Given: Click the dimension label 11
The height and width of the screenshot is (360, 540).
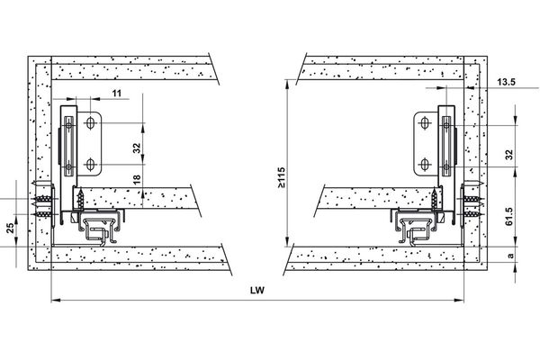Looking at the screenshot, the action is coord(117,93).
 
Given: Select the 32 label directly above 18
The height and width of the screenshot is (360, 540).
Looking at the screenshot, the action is coord(137,148).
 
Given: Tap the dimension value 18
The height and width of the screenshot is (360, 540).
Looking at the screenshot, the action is coord(137,179).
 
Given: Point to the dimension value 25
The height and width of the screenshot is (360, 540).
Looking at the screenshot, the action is coord(10,228).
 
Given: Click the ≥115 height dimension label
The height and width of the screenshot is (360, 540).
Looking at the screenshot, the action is coord(281,178).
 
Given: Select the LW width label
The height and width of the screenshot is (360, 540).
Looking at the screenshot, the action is coord(257,291).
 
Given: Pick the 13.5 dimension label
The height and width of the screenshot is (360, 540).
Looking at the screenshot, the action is coord(506,82).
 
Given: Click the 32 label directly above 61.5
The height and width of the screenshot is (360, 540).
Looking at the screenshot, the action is coord(509,155).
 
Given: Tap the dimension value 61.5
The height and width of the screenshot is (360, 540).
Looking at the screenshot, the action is coord(509,216).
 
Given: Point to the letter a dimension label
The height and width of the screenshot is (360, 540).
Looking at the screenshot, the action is coord(510,256).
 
